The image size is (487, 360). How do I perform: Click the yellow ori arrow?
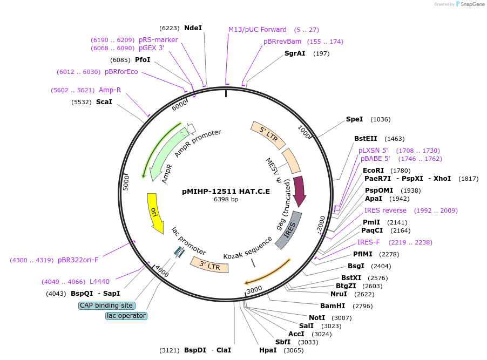155,213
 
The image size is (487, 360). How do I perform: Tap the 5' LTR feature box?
268,134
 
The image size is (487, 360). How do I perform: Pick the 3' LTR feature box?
209,265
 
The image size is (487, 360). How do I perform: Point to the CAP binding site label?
106,305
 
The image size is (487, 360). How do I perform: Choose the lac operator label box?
126,316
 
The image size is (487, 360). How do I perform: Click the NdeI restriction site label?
193,28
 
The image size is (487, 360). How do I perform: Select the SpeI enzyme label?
354,119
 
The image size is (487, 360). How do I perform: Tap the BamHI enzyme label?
333,306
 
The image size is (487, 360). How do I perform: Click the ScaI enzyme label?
104,102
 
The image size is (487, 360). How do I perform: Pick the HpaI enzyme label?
268,350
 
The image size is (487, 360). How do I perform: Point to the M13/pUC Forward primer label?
258,30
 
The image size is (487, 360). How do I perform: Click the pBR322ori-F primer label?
78,260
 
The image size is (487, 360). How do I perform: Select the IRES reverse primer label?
385,210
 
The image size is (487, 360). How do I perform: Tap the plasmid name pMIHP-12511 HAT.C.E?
226,192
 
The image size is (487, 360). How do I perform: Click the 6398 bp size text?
226,199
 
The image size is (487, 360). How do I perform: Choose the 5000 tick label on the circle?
126,183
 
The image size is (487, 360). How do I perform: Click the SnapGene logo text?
472,4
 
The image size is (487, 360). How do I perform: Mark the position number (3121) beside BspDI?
170,350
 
